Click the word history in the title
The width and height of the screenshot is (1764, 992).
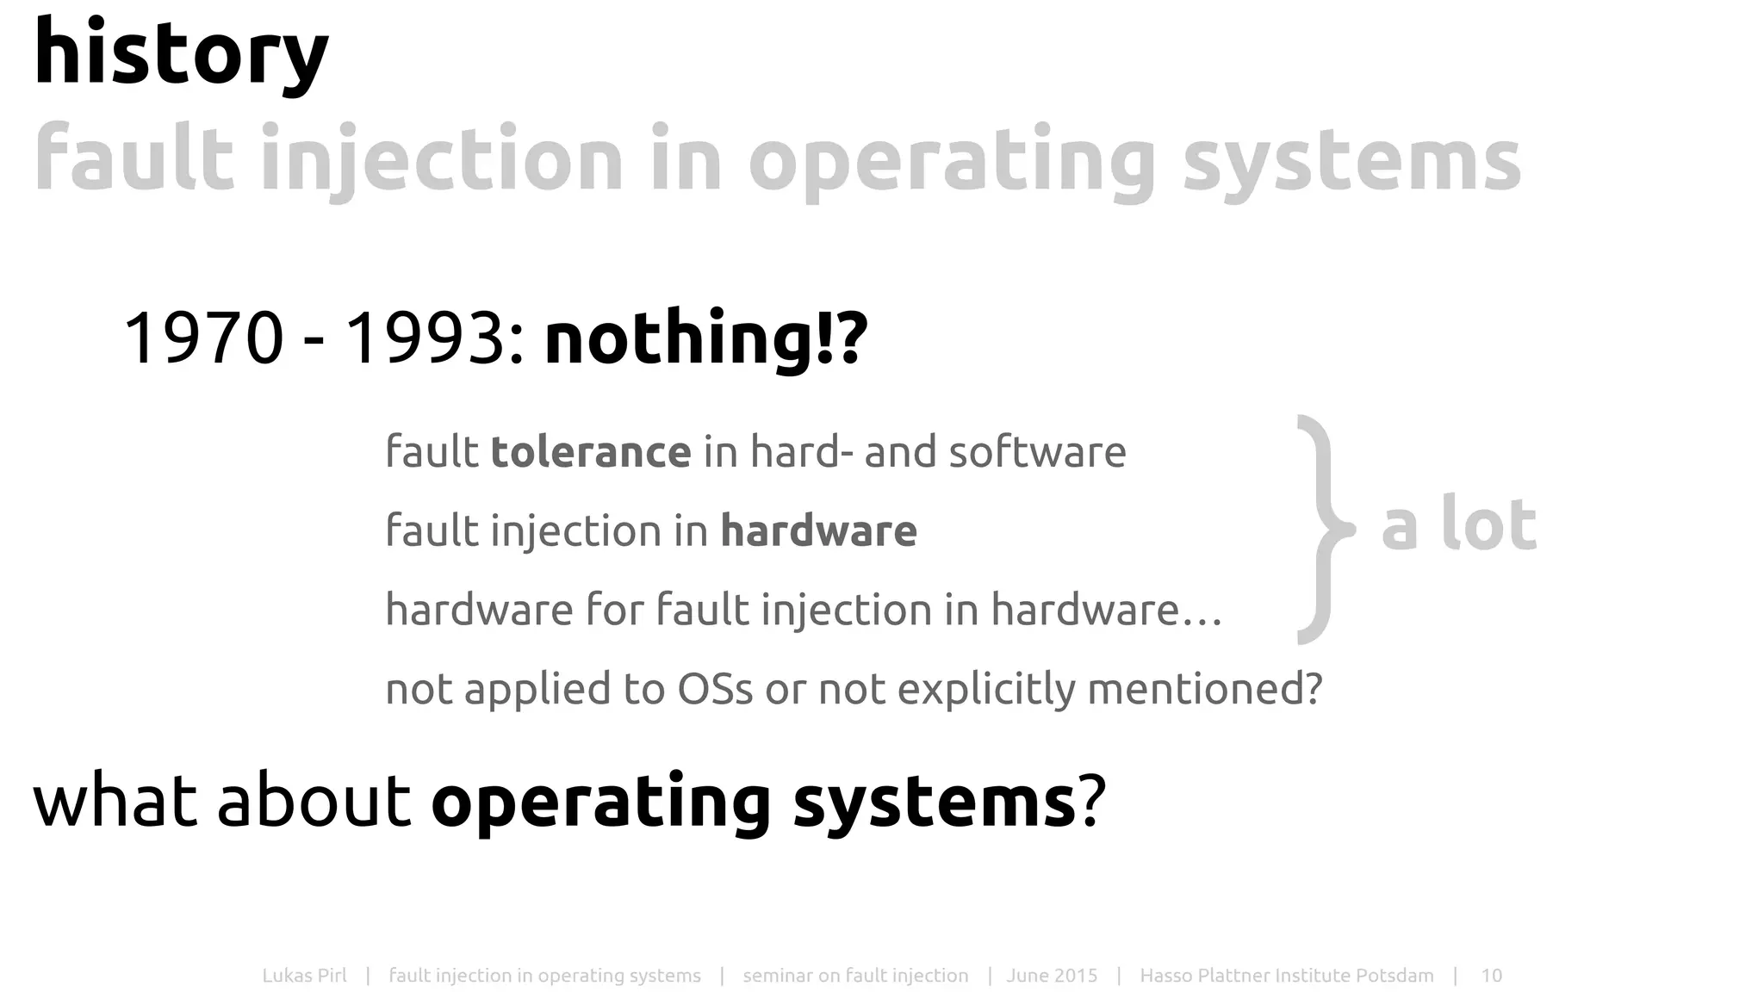[x=181, y=53]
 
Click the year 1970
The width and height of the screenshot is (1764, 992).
[x=203, y=338]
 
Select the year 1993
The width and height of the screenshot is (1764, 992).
[x=424, y=338]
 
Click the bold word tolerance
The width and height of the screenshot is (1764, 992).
[x=591, y=452]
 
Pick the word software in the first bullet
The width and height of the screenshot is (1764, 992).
[x=1037, y=452]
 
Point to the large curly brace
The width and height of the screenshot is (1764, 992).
[x=1322, y=529]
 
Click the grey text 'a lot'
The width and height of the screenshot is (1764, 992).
[x=1459, y=524]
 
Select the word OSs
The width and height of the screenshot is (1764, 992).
[x=715, y=689]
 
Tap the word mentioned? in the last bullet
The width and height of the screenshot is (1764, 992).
[x=1204, y=689]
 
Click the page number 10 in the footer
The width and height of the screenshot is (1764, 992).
[x=1491, y=976]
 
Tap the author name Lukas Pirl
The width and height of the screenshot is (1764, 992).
[x=304, y=976]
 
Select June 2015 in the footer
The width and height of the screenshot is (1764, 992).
[x=1052, y=976]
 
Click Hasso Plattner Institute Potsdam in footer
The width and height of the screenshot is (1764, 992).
[x=1287, y=976]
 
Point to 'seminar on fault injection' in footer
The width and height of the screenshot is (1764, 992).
[x=855, y=976]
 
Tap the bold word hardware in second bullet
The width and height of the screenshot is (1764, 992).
[x=818, y=530]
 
